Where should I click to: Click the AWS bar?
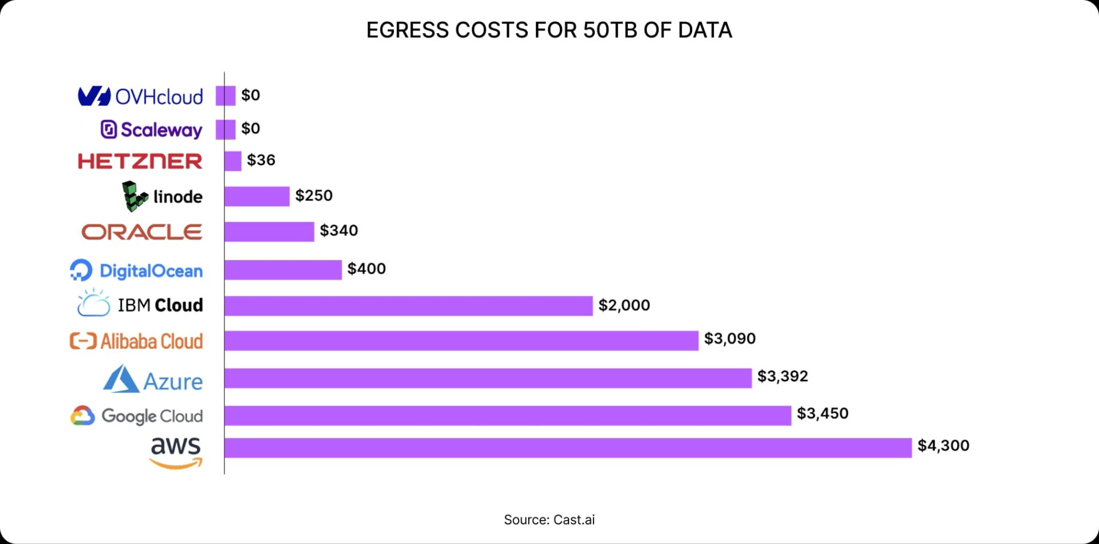coord(568,448)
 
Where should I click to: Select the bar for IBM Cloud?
coord(408,306)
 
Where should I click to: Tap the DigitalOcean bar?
coord(283,270)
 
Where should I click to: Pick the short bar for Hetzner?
coord(233,161)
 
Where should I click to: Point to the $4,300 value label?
coord(943,446)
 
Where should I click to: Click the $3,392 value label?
coord(782,376)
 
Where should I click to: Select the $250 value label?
coord(314,196)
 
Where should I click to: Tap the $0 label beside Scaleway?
coord(251,128)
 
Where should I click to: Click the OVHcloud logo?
coord(141,96)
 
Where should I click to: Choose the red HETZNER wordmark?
coord(140,161)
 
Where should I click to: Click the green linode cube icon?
coord(135,196)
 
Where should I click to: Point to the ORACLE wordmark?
coord(142,232)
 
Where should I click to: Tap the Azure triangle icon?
coord(121,380)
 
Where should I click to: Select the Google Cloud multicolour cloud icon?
coord(82,416)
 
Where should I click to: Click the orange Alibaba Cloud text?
coord(152,341)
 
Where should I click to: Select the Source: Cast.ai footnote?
coord(549,520)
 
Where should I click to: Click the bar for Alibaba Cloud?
coord(461,341)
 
